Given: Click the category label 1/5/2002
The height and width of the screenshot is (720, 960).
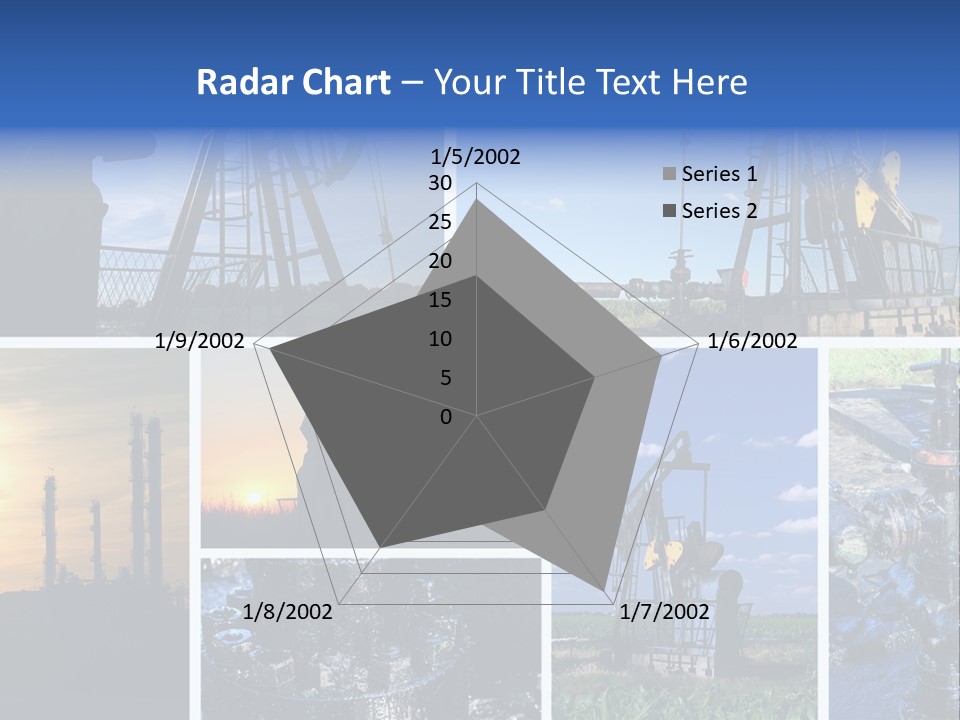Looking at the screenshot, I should (x=476, y=156).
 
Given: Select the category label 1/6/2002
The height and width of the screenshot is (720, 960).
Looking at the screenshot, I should (x=752, y=341).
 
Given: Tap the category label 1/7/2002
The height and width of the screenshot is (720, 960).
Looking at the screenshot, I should (x=665, y=612).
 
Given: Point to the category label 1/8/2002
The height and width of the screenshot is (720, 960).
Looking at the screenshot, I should (x=287, y=612).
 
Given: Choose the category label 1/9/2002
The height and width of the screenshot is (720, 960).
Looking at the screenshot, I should (x=200, y=341).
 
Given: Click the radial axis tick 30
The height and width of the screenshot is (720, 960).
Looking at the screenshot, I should (x=440, y=183).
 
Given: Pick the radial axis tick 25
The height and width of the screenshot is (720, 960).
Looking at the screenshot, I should (x=440, y=222).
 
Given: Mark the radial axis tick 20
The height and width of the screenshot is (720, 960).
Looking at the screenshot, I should (x=440, y=261).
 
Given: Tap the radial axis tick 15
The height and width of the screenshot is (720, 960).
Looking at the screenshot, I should (x=440, y=300).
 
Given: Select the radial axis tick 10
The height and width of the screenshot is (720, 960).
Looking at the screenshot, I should (x=440, y=339).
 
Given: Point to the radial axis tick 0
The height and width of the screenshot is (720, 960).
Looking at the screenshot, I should (x=446, y=417).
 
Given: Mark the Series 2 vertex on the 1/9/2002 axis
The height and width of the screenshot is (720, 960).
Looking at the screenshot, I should (x=271, y=349).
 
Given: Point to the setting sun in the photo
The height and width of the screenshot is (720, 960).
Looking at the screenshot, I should (x=254, y=496).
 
